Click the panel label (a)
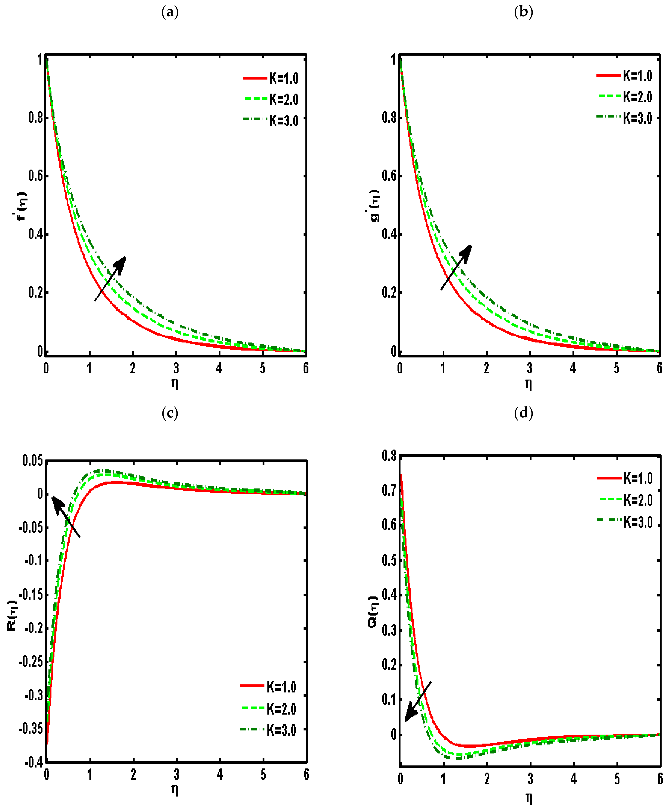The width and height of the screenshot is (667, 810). pos(170,13)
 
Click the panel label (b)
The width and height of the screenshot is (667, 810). pos(523,13)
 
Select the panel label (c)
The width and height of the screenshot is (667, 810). pos(170,413)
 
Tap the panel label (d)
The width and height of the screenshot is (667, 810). pos(523,413)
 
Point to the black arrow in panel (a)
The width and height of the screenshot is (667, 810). pos(110,279)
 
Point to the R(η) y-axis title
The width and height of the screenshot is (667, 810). pos(12,615)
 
